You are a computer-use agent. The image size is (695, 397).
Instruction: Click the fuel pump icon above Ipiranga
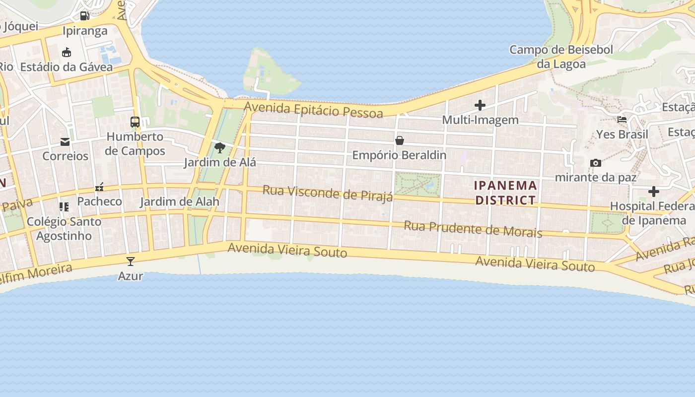coord(84,16)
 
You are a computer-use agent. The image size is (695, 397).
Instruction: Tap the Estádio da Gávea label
coord(67,67)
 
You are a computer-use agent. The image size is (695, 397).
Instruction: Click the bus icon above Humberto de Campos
coord(135,122)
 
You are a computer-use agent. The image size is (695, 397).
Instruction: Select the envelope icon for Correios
coord(65,142)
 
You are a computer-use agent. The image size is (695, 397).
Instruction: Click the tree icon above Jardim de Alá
coord(219,147)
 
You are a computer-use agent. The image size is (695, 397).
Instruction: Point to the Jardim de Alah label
coord(179,202)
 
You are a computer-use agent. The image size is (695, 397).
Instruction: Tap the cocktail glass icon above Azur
coord(131,262)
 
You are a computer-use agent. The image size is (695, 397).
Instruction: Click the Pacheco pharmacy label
coord(99,201)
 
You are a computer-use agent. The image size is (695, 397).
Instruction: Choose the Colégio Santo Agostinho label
coord(64,228)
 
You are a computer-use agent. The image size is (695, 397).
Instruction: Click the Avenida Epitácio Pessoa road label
coord(313,110)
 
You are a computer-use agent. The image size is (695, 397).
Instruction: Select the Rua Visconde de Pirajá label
coord(328,193)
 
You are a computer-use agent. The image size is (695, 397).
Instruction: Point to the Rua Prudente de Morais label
coord(473,229)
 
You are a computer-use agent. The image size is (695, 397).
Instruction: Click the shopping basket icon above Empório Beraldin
coord(400,141)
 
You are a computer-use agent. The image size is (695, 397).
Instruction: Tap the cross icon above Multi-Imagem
coord(480,105)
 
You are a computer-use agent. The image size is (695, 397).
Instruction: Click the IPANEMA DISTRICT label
coord(505,193)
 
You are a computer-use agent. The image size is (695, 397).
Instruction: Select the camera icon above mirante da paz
coord(596,163)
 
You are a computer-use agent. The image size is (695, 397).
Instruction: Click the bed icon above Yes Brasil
coord(622,120)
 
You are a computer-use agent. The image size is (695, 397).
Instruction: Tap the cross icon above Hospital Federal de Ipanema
coord(654,192)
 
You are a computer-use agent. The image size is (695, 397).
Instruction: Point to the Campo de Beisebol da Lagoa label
coord(561,57)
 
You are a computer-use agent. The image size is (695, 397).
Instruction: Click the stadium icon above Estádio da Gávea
coord(67,53)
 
